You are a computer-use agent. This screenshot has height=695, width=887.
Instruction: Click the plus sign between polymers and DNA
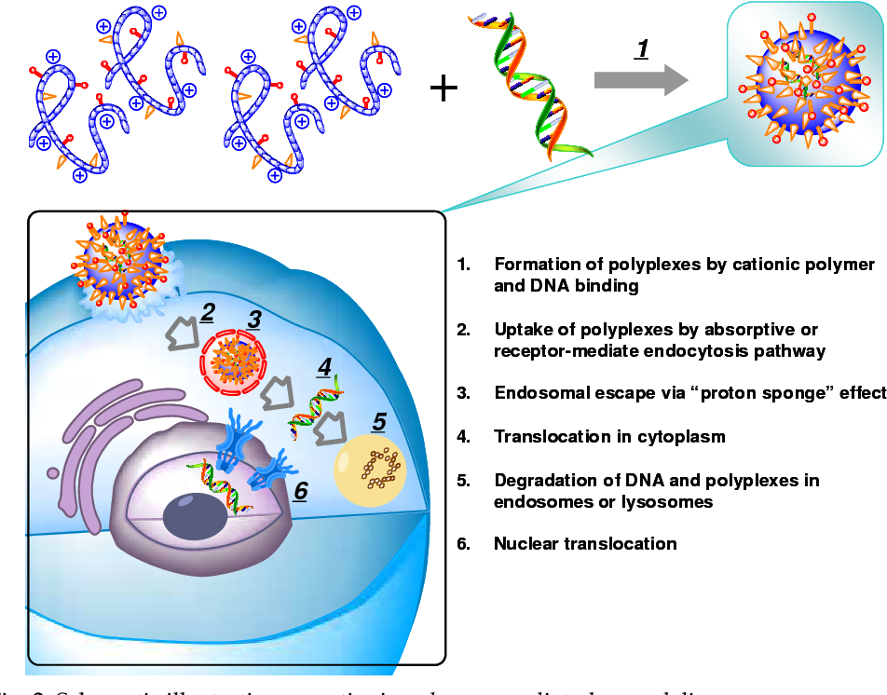443,89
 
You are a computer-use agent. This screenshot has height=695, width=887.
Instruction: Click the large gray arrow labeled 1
640,81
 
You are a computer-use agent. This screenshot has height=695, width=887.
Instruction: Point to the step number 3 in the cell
253,320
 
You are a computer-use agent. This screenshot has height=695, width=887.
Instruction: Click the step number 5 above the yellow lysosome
378,421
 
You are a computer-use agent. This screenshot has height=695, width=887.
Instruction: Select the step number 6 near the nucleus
300,490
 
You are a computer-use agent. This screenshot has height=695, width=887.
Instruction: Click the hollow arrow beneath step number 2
182,334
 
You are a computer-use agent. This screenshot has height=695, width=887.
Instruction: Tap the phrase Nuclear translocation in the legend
585,543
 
